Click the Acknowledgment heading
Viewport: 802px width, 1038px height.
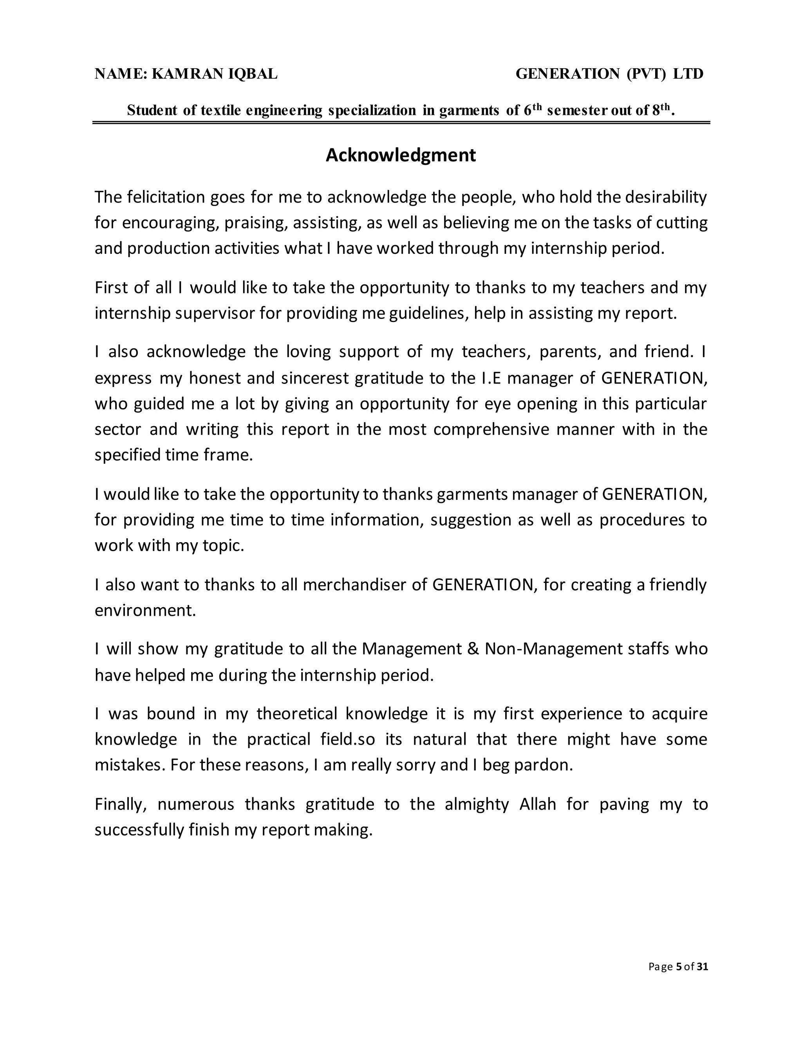tap(401, 156)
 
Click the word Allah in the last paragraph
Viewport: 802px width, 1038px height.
tap(537, 804)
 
